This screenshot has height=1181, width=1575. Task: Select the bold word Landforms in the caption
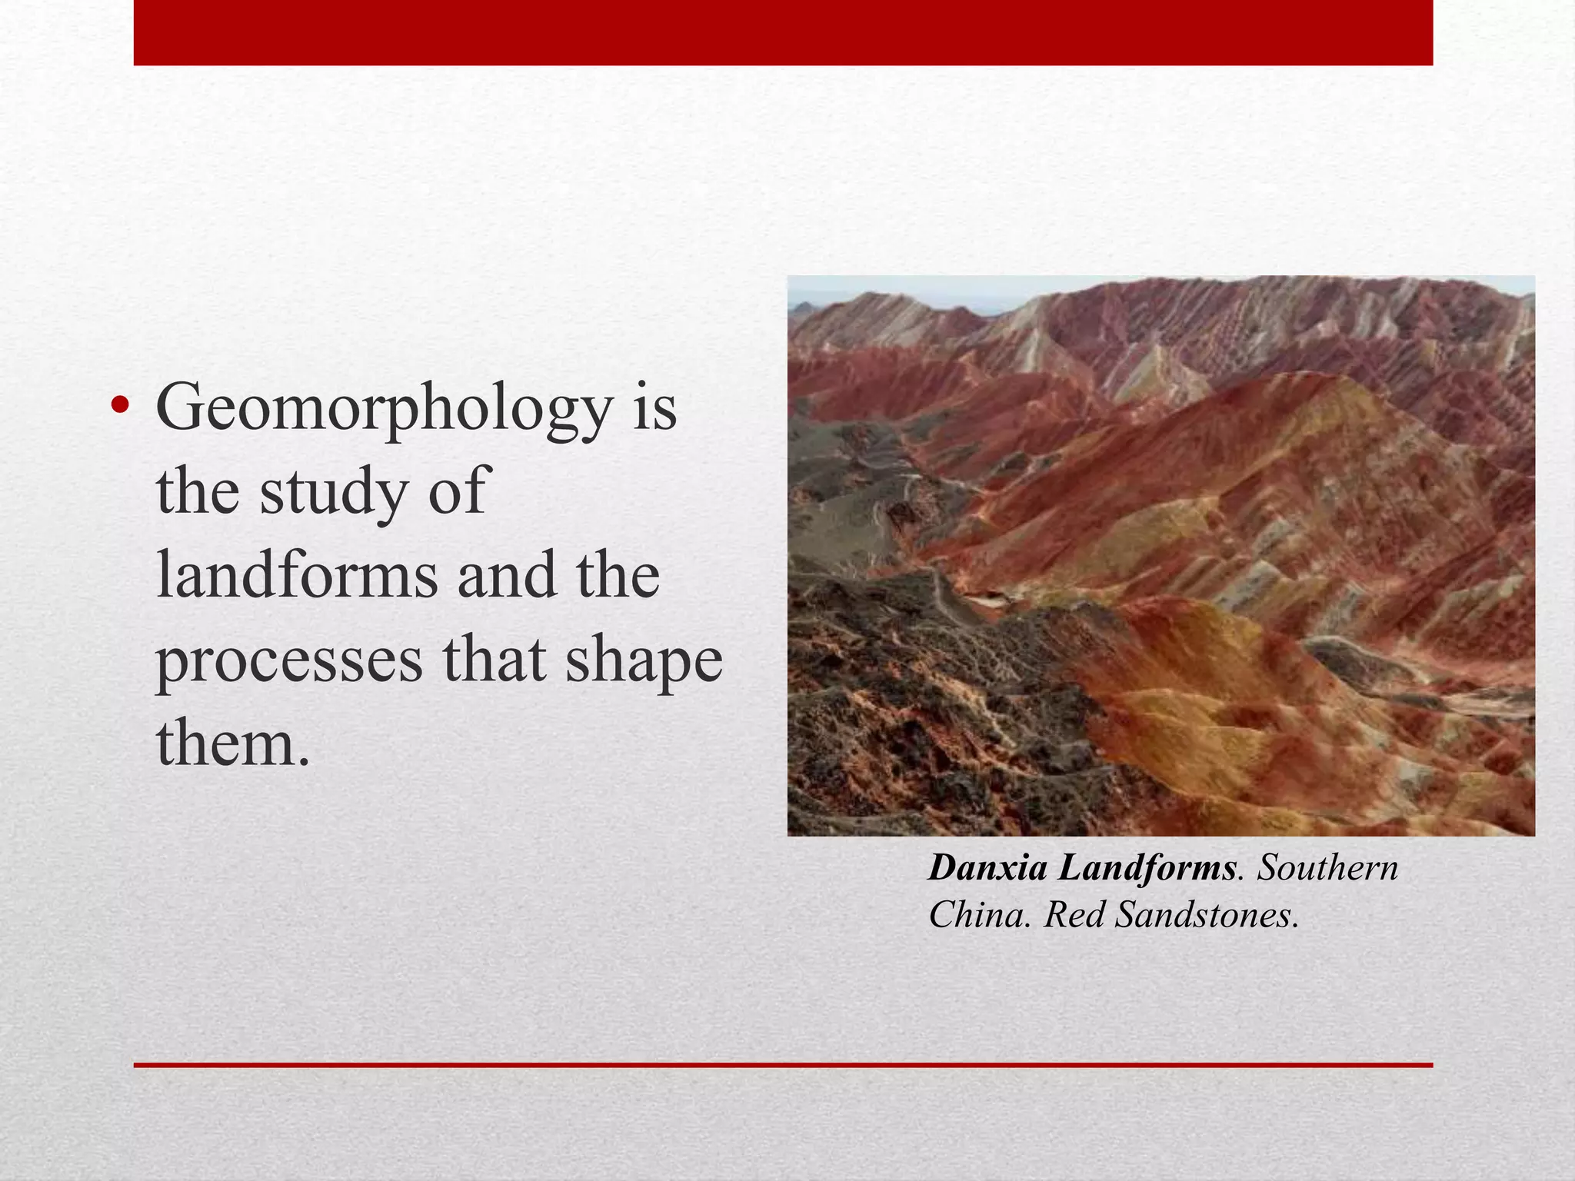1147,869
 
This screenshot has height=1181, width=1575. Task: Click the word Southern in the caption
1327,869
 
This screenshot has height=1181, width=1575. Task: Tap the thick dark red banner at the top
783,32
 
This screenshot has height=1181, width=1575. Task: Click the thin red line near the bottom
783,1065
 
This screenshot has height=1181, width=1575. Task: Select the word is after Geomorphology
654,409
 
